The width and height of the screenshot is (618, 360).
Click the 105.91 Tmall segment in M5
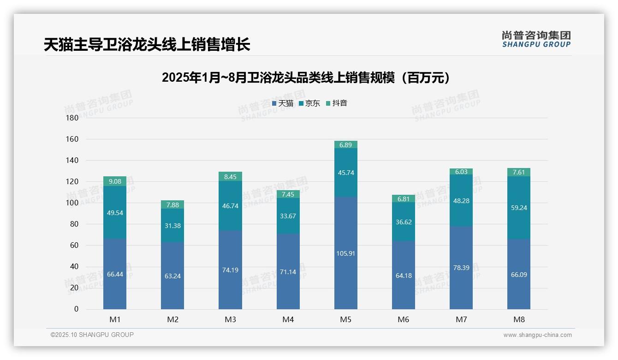coord(345,253)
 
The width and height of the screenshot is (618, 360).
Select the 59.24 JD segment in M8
coord(518,208)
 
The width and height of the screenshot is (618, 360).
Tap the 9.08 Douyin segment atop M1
coord(115,181)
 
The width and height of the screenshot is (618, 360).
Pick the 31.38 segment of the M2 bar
coord(172,225)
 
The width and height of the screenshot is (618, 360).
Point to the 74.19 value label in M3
coord(230,270)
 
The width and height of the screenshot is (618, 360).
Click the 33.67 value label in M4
coord(288,215)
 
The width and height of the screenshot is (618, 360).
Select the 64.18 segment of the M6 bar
coord(404,275)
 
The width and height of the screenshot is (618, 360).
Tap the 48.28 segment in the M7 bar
coord(461,201)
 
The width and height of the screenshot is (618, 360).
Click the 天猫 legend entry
coord(283,103)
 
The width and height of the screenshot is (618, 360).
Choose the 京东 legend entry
coord(309,103)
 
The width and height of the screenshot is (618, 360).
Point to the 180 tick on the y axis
coord(72,118)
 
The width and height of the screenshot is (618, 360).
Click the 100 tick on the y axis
coord(72,203)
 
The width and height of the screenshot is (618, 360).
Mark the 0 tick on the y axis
coord(76,309)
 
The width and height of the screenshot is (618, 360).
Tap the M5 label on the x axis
coord(345,319)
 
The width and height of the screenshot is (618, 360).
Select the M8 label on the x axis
coord(518,319)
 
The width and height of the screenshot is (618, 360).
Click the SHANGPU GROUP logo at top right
coord(536,39)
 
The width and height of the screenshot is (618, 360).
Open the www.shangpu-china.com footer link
coord(537,335)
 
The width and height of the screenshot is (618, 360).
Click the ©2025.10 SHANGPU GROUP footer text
coord(92,335)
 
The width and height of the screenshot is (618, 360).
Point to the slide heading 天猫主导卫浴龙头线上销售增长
coord(147,44)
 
